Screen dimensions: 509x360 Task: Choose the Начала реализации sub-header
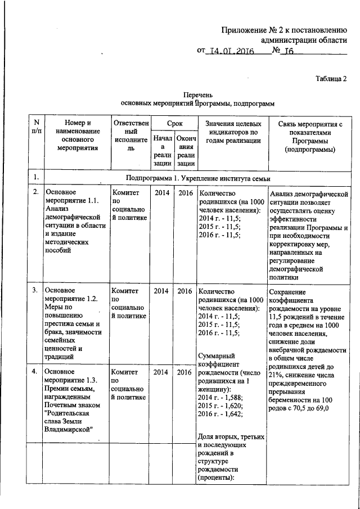pos(162,150)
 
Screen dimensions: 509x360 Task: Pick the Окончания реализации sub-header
pos(184,150)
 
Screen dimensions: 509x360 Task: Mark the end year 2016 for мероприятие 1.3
pos(184,372)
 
